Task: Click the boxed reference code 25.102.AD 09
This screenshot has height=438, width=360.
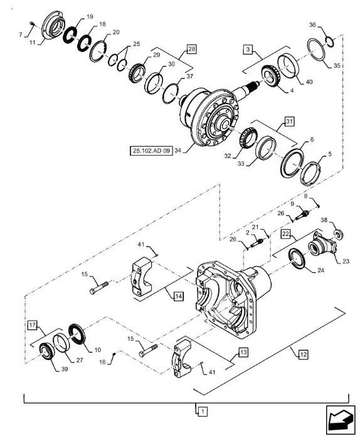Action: (151, 151)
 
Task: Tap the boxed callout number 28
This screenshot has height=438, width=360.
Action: (191, 49)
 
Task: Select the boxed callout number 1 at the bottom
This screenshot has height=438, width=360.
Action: (203, 412)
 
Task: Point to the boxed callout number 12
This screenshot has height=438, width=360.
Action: (303, 355)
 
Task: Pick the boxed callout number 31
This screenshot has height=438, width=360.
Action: (289, 122)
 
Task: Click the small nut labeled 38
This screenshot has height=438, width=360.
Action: (339, 233)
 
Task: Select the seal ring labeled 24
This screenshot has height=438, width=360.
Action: (297, 259)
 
